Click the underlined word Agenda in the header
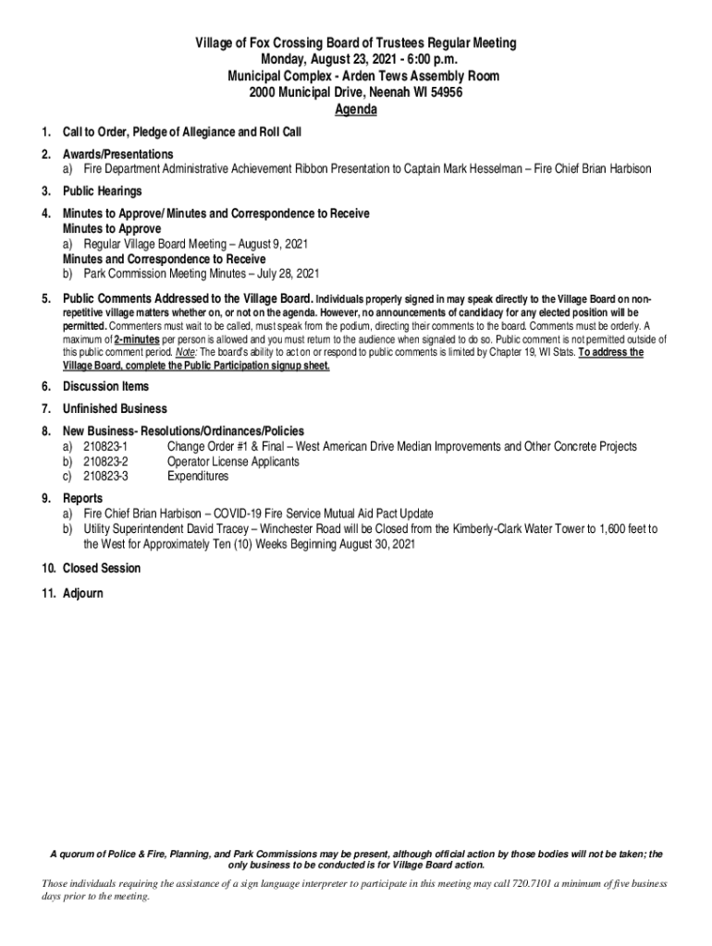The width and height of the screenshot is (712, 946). [x=355, y=110]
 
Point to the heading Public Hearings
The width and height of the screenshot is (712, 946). [x=102, y=191]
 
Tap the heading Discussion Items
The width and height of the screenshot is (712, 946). [x=105, y=387]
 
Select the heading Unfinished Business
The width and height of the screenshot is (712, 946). [x=115, y=409]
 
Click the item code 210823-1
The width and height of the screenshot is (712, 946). [x=105, y=447]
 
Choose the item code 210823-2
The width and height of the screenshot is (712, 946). [x=105, y=462]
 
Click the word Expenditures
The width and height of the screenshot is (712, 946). [x=197, y=477]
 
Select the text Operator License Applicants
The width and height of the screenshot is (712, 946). [x=233, y=462]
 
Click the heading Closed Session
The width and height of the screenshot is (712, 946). [x=102, y=568]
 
